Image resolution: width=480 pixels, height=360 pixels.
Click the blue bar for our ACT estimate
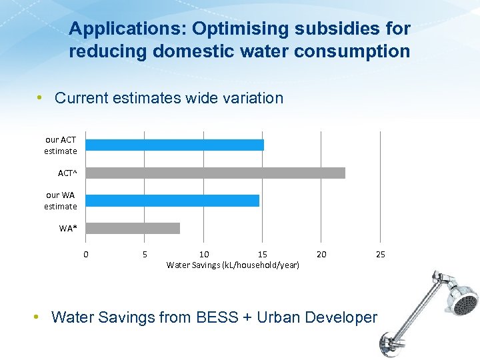pos(175,145)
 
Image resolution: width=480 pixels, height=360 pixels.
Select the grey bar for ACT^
pos(215,173)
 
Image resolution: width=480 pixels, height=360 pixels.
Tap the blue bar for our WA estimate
pos(173,200)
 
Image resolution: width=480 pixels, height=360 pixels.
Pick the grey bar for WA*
pos(133,228)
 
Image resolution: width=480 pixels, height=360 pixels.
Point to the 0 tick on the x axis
pos(85,254)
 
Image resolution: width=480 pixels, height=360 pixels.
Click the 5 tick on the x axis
pos(145,254)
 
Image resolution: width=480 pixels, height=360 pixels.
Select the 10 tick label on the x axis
pos(204,254)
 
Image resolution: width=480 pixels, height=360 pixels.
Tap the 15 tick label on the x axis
pos(263,254)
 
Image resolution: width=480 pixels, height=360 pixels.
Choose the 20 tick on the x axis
pos(321,254)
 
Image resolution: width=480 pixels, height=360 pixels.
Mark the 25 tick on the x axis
pos(380,254)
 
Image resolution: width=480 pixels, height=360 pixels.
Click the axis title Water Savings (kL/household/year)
pos(233,265)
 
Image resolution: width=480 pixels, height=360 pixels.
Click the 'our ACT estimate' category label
pos(61,145)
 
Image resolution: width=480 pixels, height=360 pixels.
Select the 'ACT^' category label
pos(67,173)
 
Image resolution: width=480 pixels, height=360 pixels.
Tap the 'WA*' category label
pos(68,229)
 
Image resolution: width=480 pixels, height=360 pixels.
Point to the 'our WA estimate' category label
pos(61,201)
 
